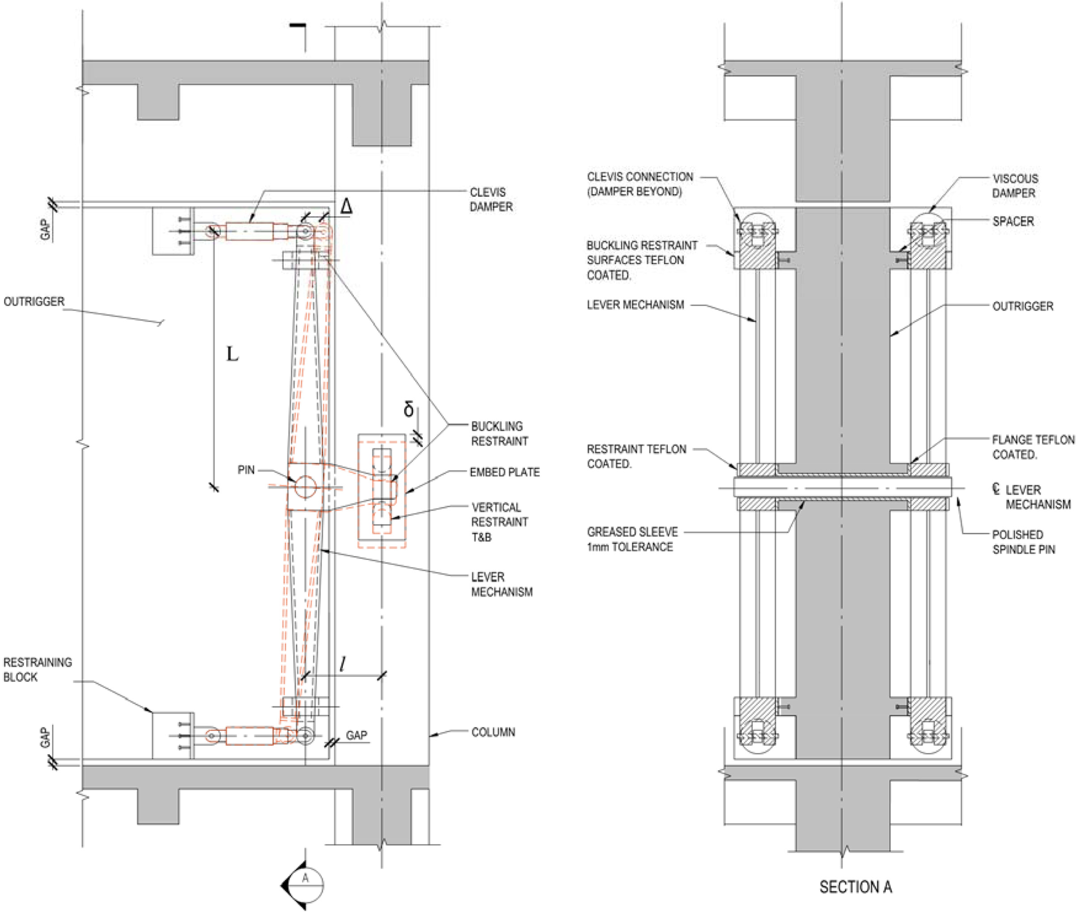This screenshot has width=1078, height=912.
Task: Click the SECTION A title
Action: point(855,887)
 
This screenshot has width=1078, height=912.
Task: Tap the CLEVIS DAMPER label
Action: point(491,199)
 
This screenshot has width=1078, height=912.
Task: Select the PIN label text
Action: point(246,470)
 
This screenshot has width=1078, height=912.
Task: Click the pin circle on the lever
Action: point(305,487)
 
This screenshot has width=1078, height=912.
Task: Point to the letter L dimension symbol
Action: point(232,355)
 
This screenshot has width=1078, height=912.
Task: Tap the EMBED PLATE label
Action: point(504,472)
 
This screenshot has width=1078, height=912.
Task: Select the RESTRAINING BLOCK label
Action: point(37,670)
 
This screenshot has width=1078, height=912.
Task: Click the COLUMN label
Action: point(493,732)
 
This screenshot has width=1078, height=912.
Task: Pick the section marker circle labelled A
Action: point(306,885)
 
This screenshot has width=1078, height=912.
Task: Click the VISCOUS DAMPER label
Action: point(1014,186)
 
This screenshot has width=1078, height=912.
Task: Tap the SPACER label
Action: point(1013,221)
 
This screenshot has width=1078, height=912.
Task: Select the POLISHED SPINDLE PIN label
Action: point(1023,542)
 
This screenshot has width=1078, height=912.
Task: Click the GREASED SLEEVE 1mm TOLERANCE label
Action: point(632,539)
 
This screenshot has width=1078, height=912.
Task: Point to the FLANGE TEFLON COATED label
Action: point(1032,447)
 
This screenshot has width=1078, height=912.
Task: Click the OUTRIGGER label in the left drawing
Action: point(34,301)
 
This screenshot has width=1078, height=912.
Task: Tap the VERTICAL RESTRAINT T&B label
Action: point(499,522)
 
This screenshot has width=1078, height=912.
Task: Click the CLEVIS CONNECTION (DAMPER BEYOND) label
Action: point(639,184)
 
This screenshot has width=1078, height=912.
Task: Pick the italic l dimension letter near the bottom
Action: point(342,664)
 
